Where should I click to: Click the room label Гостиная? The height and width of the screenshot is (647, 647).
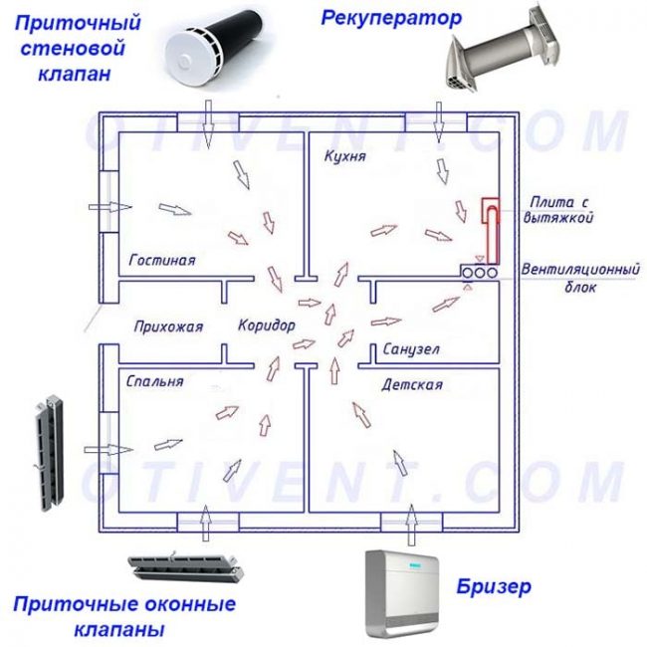pos(162,260)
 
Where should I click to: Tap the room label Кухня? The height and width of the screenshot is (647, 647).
pos(344,157)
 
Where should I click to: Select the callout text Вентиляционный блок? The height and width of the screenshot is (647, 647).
pos(566,279)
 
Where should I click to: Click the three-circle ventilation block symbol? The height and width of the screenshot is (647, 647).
pos(480,271)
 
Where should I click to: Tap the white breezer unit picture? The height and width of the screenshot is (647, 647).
pos(404,593)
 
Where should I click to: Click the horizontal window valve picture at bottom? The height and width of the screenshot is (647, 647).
pos(187,568)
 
